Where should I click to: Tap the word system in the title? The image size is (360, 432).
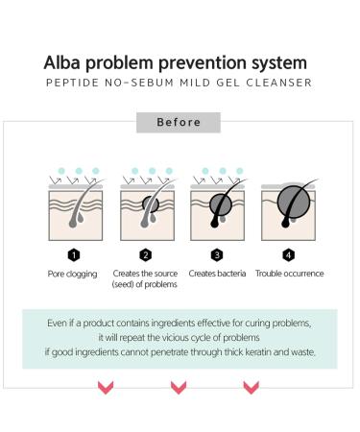point(276,63)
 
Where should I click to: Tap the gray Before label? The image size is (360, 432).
point(179,123)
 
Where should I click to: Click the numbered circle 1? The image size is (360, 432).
point(73,255)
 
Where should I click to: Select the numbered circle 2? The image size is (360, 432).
point(145,255)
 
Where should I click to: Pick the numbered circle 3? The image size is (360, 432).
point(217,255)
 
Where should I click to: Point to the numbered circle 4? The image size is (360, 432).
point(289,255)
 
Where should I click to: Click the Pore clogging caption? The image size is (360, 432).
point(73,274)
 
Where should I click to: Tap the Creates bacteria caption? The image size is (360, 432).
point(217,274)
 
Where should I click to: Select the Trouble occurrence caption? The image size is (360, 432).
point(289,274)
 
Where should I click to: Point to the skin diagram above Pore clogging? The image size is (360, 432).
point(73,211)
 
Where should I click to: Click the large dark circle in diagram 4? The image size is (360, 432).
point(290,204)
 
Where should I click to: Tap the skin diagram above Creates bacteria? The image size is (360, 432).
point(217,211)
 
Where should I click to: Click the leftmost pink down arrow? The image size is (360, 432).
point(106,388)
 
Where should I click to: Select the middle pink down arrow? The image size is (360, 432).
point(179,388)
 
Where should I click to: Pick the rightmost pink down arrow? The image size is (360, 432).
point(251,388)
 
